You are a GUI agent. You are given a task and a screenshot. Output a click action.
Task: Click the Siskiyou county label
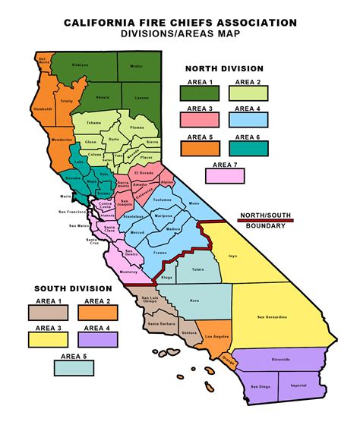pyautogui.click(x=81, y=65)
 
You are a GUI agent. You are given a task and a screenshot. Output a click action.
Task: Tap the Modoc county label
pyautogui.click(x=136, y=66)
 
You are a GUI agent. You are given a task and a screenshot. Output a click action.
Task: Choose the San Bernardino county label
pyautogui.click(x=272, y=316)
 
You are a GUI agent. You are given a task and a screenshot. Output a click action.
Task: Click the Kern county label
pyautogui.click(x=194, y=301)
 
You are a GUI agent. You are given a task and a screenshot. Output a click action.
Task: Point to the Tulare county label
pyautogui.click(x=197, y=269)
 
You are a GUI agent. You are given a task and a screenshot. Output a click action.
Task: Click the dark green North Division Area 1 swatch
pyautogui.click(x=199, y=93)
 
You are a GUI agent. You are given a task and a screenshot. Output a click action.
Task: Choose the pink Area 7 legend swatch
pyautogui.click(x=225, y=175)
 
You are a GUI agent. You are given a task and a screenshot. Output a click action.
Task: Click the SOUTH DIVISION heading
pyautogui.click(x=72, y=288)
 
